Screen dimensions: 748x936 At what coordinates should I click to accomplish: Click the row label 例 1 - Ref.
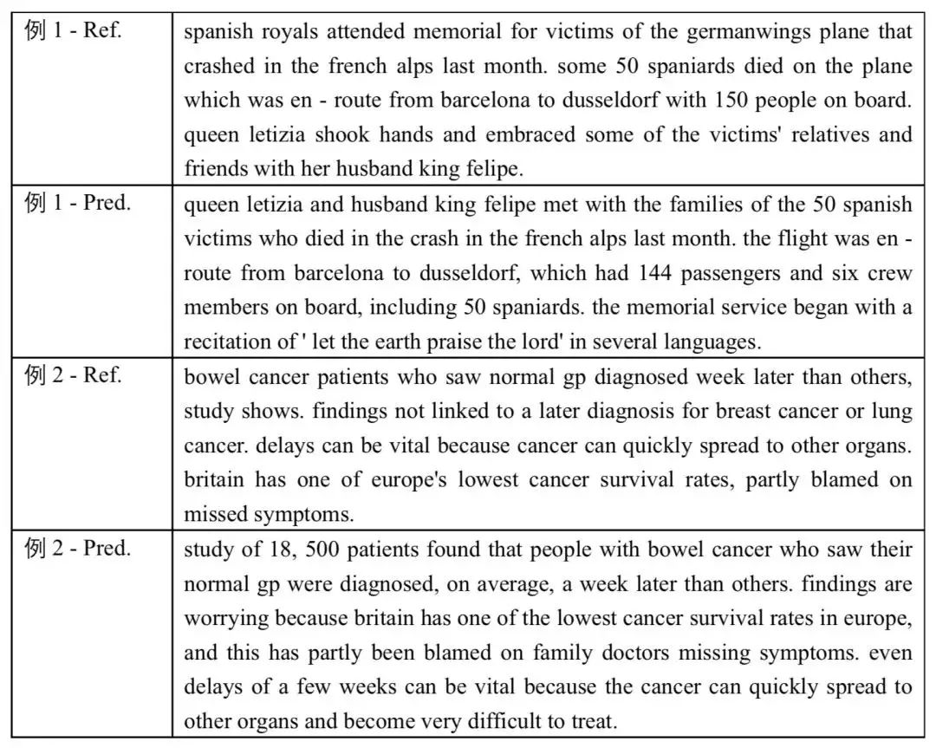tap(74, 32)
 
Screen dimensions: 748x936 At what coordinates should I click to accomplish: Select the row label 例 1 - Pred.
tap(78, 205)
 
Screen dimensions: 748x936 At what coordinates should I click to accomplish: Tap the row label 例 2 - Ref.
tap(74, 375)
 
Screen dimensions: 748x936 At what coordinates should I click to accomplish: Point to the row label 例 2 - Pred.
tap(78, 548)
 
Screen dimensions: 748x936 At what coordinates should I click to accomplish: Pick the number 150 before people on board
tap(734, 101)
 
